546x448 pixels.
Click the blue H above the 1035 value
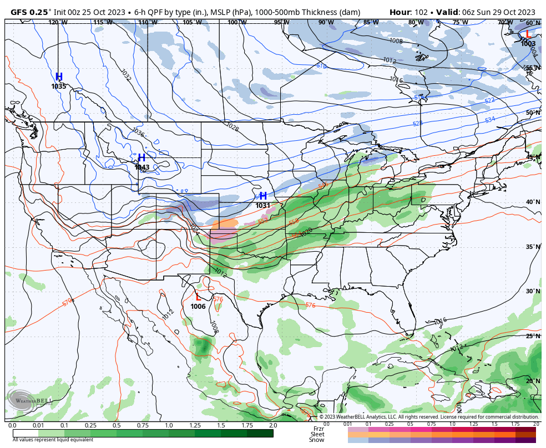pyautogui.click(x=59, y=77)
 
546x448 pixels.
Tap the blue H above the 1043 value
pyautogui.click(x=141, y=158)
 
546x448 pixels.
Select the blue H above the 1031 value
pyautogui.click(x=263, y=196)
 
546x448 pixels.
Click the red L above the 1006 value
pyautogui.click(x=198, y=297)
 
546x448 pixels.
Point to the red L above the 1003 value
pyautogui.click(x=528, y=34)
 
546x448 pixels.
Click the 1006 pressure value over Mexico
pyautogui.click(x=198, y=307)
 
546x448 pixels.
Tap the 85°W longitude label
pyautogui.click(x=371, y=22)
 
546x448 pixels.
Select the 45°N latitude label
pyautogui.click(x=533, y=157)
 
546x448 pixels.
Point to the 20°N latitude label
pyautogui.click(x=533, y=381)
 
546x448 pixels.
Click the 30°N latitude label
pyautogui.click(x=533, y=292)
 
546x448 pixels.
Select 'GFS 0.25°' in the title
pyautogui.click(x=31, y=12)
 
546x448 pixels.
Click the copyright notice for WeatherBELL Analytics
pyautogui.click(x=428, y=417)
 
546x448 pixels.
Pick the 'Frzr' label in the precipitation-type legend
pyautogui.click(x=318, y=429)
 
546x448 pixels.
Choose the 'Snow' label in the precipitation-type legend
pyautogui.click(x=317, y=440)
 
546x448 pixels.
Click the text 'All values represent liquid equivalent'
pyautogui.click(x=53, y=440)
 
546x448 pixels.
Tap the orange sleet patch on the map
pyautogui.click(x=225, y=223)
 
